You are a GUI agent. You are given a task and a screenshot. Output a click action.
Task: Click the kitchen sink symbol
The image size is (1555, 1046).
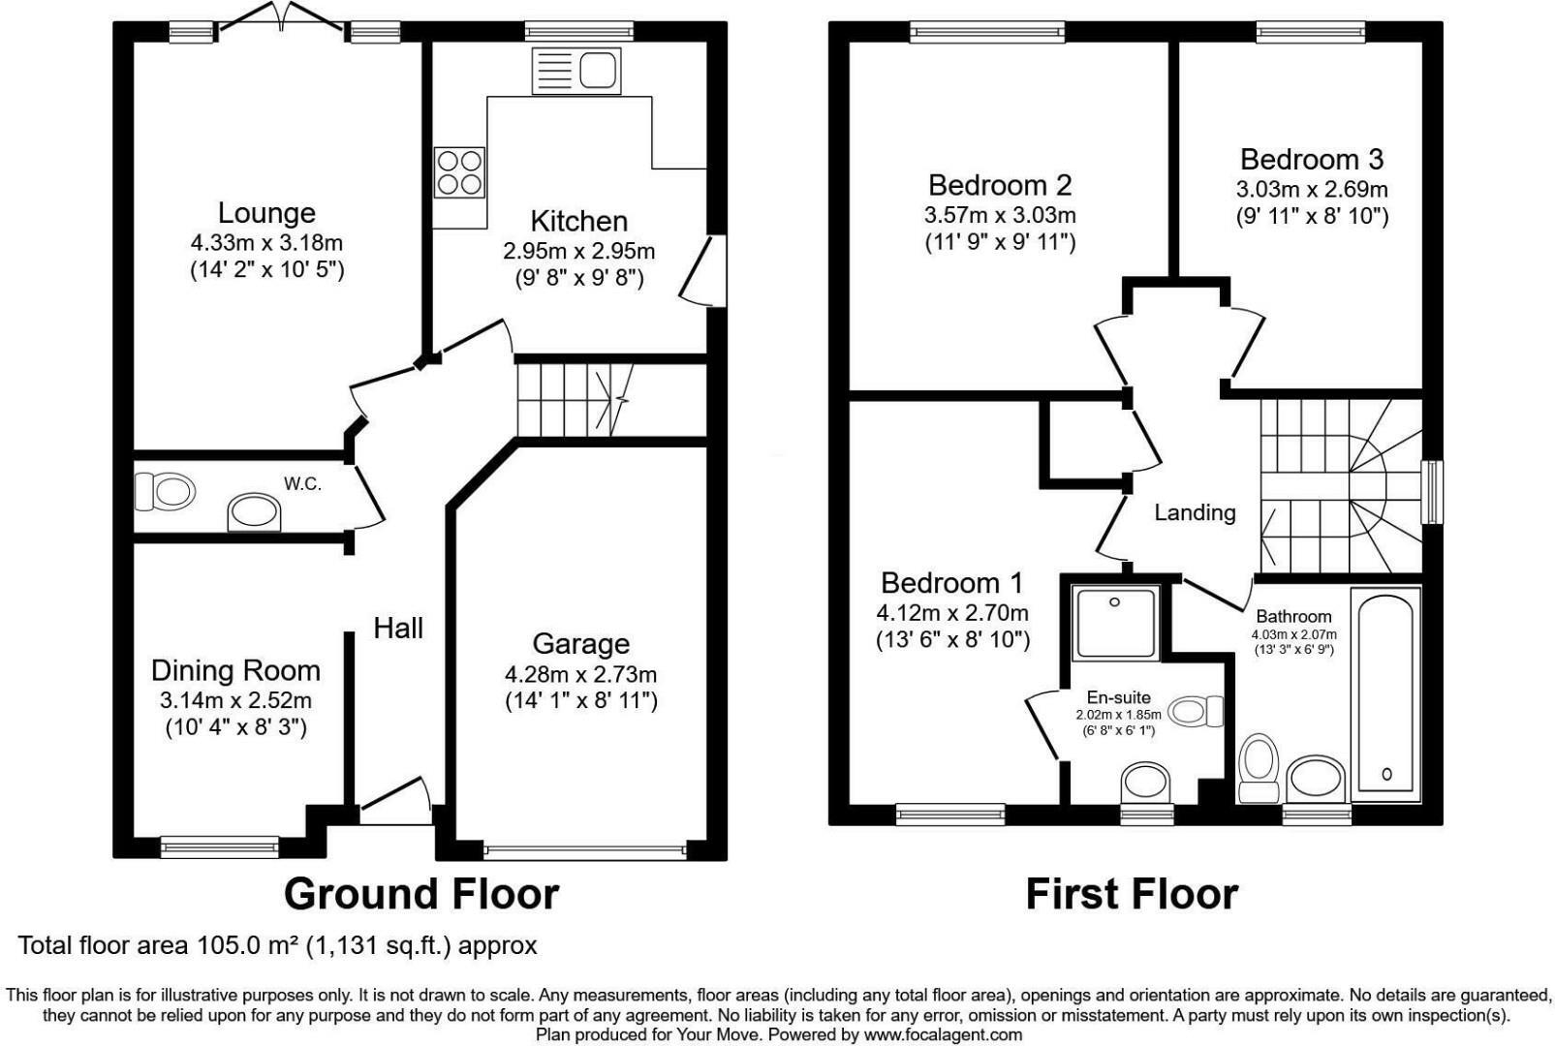point(576,72)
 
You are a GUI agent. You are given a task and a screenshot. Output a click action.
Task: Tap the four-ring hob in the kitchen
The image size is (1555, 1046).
point(458,172)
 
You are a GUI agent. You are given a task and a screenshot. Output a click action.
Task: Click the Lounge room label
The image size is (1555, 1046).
point(266,213)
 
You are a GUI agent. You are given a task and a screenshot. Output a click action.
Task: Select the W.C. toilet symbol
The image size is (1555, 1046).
point(164,491)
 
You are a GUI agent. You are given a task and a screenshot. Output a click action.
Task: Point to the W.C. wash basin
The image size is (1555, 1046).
point(255,513)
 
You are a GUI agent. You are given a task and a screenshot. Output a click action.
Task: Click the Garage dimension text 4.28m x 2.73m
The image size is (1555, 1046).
point(580,674)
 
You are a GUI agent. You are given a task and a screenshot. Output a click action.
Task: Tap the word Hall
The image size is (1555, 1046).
point(398,629)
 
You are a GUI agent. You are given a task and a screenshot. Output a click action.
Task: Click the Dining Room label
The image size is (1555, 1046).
point(235,670)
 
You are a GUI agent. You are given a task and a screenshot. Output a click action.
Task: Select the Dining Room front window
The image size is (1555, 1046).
point(220,847)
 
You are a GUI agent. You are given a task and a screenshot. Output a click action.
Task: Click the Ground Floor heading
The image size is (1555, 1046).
point(420,893)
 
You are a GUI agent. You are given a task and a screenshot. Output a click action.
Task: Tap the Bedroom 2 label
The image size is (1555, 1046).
point(1000,185)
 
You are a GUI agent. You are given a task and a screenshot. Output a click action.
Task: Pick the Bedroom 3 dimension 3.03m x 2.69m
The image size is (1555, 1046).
point(1311,189)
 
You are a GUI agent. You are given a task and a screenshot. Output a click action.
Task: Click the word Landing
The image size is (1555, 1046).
point(1195,512)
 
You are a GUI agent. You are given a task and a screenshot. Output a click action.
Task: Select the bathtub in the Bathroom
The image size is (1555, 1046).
point(1386,694)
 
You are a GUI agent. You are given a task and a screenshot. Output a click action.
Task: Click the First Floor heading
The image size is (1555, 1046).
point(1131,893)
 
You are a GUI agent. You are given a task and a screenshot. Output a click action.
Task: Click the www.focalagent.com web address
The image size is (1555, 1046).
point(943,1034)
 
